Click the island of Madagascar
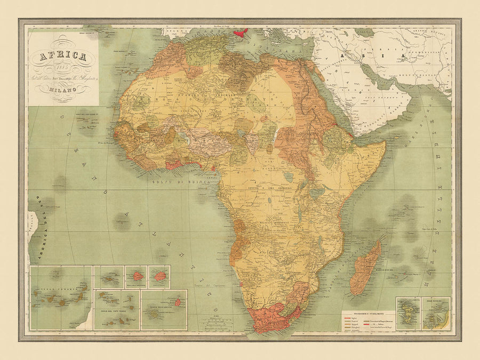coord(365,267)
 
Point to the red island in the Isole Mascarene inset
coord(178,302)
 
